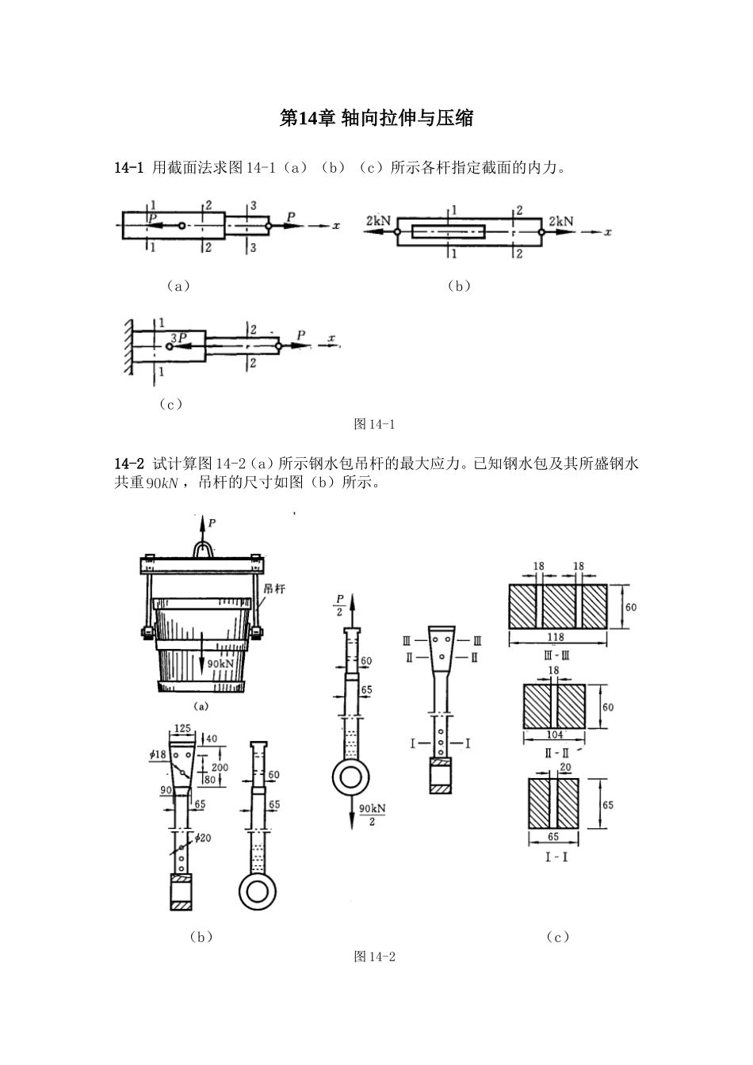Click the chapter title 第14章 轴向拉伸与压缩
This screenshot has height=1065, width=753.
click(x=376, y=119)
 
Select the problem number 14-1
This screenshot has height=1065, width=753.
click(x=128, y=167)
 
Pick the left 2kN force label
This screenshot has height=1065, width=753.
click(x=378, y=221)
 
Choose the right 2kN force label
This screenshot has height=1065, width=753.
click(x=560, y=221)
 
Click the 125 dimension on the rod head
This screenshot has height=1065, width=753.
click(x=183, y=727)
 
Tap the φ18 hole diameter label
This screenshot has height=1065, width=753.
click(x=158, y=754)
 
